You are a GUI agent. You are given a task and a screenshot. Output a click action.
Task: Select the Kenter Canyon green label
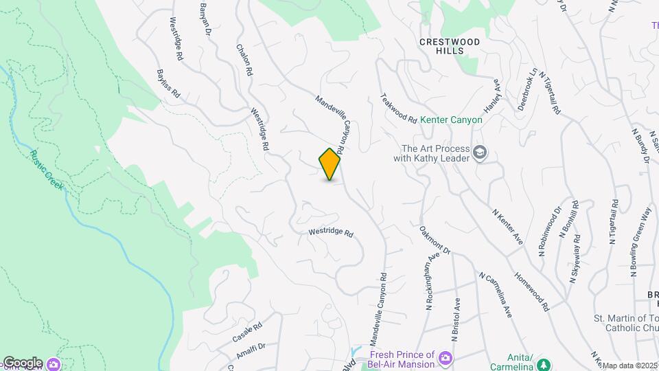tap(451, 120)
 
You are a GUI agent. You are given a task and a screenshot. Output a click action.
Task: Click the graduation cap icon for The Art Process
tap(480, 153)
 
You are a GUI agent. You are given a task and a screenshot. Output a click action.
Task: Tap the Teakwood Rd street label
tap(398, 109)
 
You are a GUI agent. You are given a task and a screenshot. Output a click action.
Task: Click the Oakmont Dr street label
tap(435, 240)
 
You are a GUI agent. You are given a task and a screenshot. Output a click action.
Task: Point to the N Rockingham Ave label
tap(432, 283)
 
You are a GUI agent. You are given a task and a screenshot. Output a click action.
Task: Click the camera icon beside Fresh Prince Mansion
tap(446, 357)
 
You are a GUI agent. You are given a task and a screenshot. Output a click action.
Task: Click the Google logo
tap(22, 363)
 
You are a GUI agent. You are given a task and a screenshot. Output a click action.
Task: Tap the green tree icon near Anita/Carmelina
tap(544, 363)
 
